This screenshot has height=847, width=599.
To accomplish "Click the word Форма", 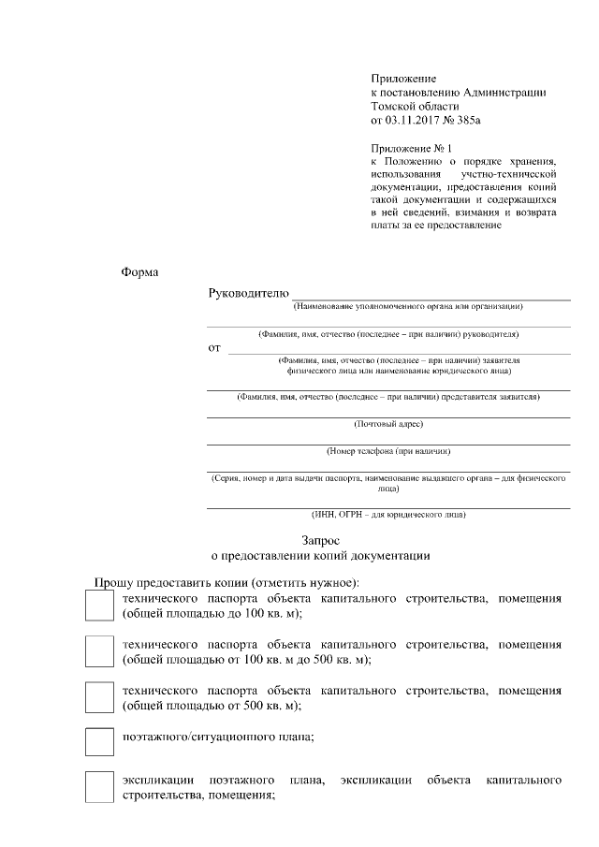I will (140, 273).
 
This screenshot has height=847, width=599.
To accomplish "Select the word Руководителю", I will (248, 293).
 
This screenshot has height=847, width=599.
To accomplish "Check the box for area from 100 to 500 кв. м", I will (99, 651).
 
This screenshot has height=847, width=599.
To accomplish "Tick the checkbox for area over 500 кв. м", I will (99, 697).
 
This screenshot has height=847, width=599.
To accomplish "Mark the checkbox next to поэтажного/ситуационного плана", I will (99, 741).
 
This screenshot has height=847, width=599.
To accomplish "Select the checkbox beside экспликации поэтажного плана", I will (99, 786).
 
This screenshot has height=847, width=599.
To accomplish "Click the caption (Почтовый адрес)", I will (388, 424).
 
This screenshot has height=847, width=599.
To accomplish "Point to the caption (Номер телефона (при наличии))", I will (388, 451).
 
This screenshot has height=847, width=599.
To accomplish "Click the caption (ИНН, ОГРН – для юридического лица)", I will (388, 514).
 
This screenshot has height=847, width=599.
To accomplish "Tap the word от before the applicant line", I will (214, 348).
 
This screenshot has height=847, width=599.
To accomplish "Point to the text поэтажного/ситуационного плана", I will (218, 737).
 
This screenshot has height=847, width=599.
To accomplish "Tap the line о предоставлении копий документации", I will (321, 556).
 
